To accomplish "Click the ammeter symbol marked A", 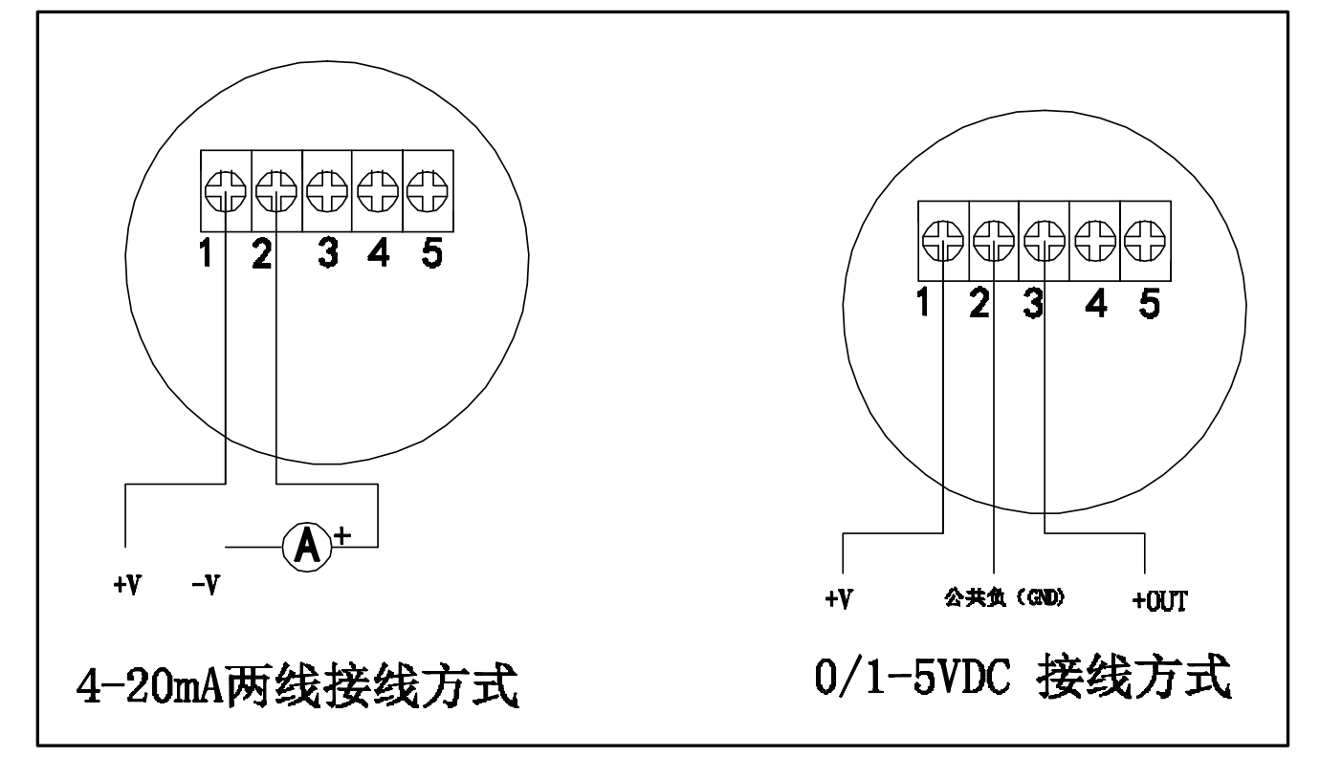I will (x=306, y=547).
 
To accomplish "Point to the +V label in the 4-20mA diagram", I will (x=127, y=586).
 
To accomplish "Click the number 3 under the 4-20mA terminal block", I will (x=328, y=254).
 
